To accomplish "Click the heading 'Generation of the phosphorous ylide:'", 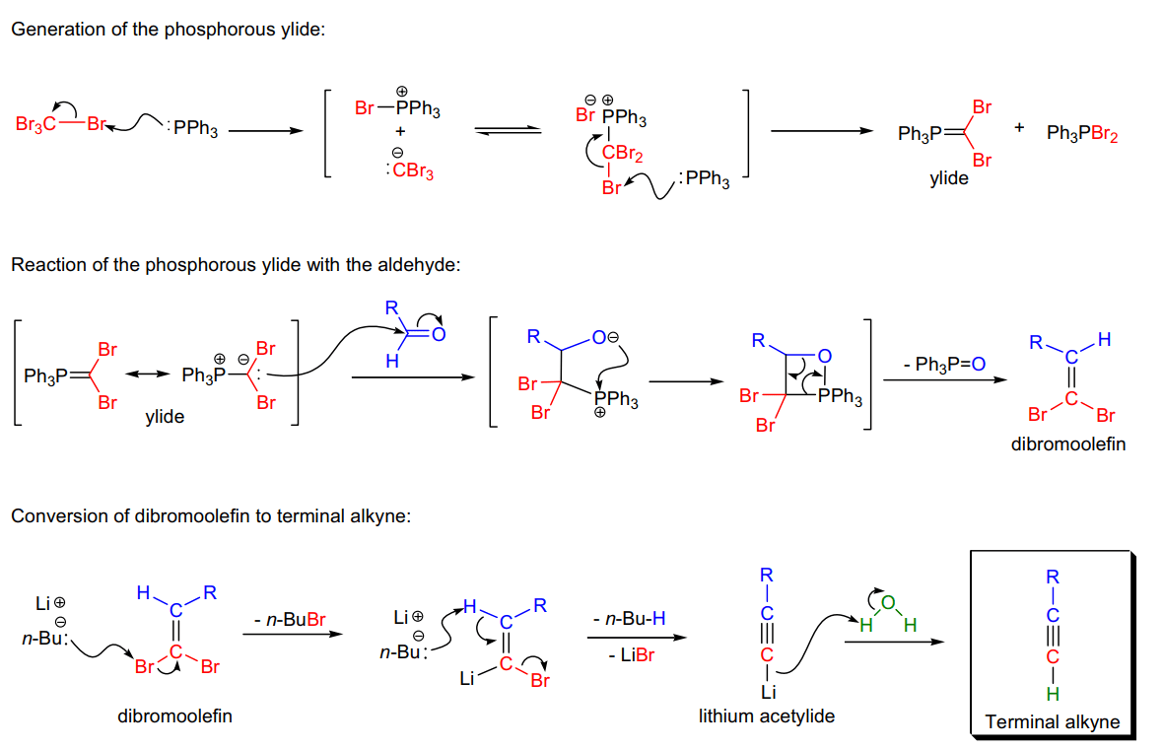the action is coord(169,30).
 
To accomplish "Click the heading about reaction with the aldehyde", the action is coord(236,265).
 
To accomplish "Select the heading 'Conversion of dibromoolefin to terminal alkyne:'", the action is coord(211,516).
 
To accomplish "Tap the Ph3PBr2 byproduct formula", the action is coord(1081,133).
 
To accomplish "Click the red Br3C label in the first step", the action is coord(34,124).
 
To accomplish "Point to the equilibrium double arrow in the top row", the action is coord(508,130).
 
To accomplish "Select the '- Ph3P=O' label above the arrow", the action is coord(944,364).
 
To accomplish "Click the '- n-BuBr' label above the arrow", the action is coord(290,619).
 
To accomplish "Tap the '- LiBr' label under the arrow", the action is coord(631,655).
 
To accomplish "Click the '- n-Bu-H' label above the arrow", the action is coord(629,619).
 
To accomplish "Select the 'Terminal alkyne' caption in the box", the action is coord(1052,721).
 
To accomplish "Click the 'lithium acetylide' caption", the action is coord(766,715).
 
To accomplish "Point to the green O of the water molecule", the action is coord(889,603).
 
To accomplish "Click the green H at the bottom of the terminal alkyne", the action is coord(1053,694).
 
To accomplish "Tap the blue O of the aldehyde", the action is coord(439,334).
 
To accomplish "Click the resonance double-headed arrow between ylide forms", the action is coord(148,374).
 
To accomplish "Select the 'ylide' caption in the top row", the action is coord(949,178).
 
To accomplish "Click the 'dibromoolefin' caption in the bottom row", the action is coord(174,715).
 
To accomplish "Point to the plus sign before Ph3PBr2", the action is coord(1019,127).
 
